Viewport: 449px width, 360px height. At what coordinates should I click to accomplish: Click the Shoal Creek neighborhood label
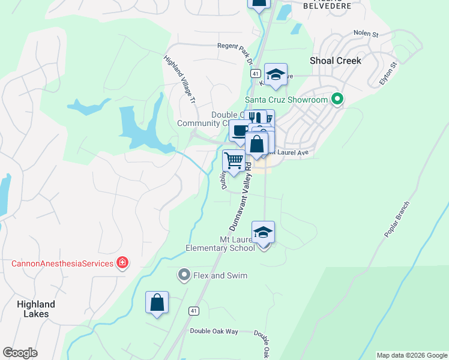[336, 61]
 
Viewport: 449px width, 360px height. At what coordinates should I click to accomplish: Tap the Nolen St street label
[366, 34]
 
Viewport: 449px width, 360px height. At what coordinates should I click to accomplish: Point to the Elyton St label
[388, 73]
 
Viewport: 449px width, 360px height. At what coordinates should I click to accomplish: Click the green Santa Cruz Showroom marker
[337, 100]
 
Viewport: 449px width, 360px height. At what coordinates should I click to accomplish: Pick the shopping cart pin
[233, 161]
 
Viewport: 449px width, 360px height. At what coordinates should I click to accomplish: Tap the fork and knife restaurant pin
[255, 118]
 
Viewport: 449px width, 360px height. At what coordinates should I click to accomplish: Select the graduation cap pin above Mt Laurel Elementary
[263, 232]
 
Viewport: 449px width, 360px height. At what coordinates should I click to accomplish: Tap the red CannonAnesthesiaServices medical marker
[122, 263]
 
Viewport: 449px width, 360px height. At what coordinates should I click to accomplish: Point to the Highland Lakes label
[36, 308]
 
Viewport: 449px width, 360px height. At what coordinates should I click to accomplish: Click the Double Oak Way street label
[214, 331]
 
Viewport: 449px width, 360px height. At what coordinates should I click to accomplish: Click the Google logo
[20, 353]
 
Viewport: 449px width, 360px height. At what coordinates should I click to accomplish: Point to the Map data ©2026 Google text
[411, 355]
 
